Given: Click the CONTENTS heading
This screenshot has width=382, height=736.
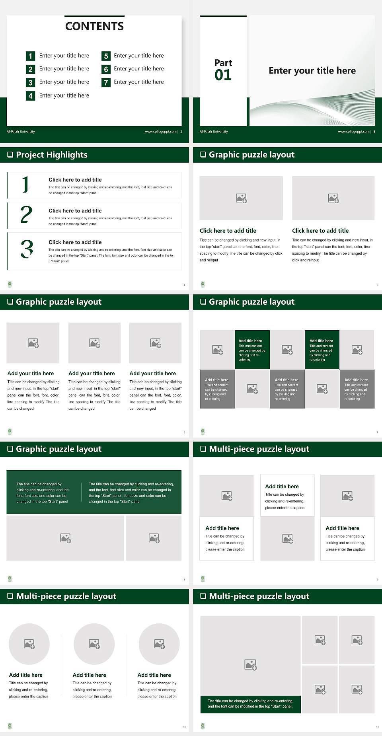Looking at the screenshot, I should (x=94, y=26).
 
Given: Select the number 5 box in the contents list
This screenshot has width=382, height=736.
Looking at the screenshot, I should (x=106, y=56).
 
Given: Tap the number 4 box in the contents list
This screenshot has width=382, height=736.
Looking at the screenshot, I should (x=30, y=96).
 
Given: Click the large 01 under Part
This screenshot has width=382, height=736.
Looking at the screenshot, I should (x=223, y=75).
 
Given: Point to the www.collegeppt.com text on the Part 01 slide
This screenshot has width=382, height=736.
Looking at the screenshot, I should (x=353, y=132).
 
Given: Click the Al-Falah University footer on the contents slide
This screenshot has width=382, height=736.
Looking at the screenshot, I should (x=21, y=132).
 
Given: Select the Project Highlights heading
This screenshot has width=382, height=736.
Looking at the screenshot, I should (x=52, y=155).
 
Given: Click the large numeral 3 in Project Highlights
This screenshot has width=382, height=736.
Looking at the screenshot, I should (x=27, y=249).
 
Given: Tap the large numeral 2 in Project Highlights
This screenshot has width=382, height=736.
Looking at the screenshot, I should (x=26, y=214).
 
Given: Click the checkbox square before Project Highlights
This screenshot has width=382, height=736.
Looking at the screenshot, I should (x=10, y=155).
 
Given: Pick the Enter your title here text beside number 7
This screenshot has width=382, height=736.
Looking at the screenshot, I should (x=138, y=82).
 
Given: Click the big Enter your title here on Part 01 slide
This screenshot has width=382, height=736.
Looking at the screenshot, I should (x=312, y=71).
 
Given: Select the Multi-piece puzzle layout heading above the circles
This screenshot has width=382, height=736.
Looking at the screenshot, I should (x=66, y=596).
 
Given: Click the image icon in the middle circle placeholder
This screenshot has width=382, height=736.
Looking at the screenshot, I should (x=94, y=644).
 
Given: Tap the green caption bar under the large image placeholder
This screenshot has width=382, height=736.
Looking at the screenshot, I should (x=250, y=703).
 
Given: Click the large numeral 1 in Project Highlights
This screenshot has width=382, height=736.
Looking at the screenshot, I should (x=25, y=185).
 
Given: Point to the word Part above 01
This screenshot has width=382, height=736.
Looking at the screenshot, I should (x=223, y=63).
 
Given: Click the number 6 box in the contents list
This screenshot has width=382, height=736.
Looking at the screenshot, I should (x=106, y=69).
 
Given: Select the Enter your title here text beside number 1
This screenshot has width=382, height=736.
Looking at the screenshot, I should (x=64, y=56).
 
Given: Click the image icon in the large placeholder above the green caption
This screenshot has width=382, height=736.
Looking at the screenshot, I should (x=250, y=664).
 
